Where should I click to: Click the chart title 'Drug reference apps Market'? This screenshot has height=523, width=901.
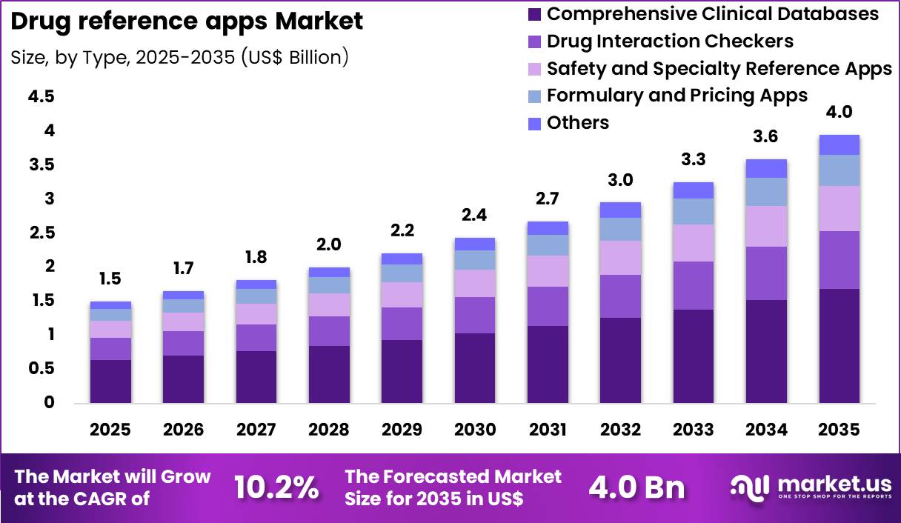tap(187, 21)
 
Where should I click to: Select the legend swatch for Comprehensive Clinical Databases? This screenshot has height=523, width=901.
tap(535, 14)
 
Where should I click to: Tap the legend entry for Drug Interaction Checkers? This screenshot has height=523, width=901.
tap(670, 41)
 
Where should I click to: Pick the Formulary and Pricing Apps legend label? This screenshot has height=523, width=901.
tap(676, 96)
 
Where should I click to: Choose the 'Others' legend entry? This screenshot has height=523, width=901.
tap(577, 123)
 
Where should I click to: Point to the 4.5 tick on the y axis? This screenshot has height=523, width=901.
tap(41, 97)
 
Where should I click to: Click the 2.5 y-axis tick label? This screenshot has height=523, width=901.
tap(41, 233)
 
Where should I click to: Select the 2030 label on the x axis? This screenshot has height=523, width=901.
tap(475, 430)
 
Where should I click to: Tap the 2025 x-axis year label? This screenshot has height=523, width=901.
tap(110, 430)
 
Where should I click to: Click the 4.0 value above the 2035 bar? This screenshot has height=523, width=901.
tap(839, 113)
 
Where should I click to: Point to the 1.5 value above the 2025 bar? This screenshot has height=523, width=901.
tap(110, 279)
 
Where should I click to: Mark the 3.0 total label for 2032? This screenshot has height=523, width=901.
tap(620, 180)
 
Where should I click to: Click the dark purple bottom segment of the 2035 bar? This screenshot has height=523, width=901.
tap(839, 345)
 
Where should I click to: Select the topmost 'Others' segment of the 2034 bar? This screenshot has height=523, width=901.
tap(766, 168)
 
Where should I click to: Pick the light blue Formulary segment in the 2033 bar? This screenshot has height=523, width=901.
tap(694, 211)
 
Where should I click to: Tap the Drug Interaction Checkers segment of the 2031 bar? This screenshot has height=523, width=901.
tap(548, 306)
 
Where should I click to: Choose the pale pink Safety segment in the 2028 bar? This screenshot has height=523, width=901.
tap(329, 304)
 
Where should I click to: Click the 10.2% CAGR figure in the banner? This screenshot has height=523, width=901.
tap(277, 487)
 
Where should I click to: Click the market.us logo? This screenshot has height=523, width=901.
tap(811, 487)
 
